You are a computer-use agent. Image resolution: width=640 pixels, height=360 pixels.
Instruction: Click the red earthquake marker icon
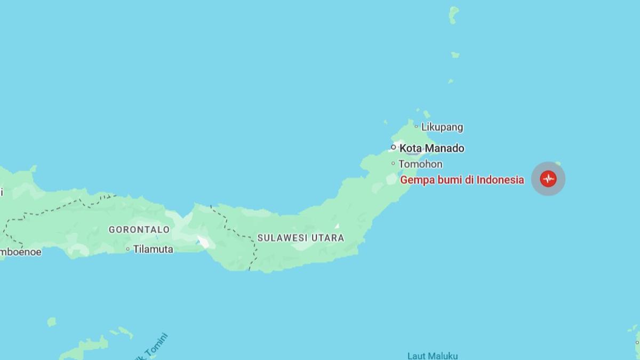tap(548, 179)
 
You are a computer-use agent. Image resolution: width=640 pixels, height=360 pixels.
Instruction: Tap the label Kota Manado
tap(432, 148)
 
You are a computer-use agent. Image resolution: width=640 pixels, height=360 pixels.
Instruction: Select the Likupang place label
tap(442, 127)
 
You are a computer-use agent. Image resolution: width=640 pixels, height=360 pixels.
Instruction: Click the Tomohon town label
tap(420, 164)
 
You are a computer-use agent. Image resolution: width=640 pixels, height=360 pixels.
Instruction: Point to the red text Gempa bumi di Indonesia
tap(462, 180)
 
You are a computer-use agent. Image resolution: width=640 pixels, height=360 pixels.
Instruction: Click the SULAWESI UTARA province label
tap(301, 238)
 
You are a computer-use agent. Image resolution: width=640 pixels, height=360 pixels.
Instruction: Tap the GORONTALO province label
tap(139, 230)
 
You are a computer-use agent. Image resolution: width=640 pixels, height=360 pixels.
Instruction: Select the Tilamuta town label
tap(153, 249)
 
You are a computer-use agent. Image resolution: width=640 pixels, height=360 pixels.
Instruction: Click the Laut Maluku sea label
tap(433, 356)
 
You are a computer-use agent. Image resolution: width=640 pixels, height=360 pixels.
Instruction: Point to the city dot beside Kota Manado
tap(394, 147)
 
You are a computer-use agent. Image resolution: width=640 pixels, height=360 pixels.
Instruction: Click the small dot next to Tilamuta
tap(128, 249)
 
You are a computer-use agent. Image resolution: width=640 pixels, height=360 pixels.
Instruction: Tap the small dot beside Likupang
tap(417, 127)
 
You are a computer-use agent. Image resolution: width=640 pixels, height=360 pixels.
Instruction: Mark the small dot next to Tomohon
tap(394, 164)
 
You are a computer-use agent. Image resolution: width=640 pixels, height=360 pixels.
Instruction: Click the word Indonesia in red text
tap(500, 180)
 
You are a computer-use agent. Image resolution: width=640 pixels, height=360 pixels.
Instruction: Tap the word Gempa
tap(414, 180)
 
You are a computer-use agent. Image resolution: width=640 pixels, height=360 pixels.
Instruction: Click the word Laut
tap(416, 356)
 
